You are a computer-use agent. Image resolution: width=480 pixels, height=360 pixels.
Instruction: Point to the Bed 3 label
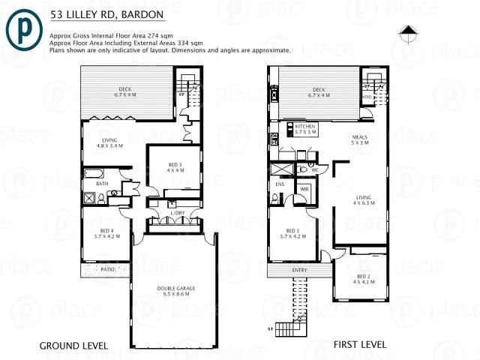[x=175, y=167]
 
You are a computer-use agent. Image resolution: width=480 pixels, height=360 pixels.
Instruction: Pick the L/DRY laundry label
[x=176, y=214]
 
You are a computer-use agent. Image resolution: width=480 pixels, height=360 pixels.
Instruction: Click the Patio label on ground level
[x=108, y=269]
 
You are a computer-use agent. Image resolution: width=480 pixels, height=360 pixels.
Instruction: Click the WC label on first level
[x=314, y=170]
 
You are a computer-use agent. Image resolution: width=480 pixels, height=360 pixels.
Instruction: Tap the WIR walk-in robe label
[x=304, y=189]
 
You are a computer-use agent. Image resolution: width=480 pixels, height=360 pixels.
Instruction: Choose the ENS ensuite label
[x=280, y=184]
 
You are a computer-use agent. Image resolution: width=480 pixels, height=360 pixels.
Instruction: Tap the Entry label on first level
[x=297, y=270]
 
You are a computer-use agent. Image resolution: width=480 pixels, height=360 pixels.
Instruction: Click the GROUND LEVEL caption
[x=73, y=346]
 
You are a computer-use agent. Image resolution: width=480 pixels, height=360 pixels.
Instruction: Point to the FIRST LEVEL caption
[x=360, y=345]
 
